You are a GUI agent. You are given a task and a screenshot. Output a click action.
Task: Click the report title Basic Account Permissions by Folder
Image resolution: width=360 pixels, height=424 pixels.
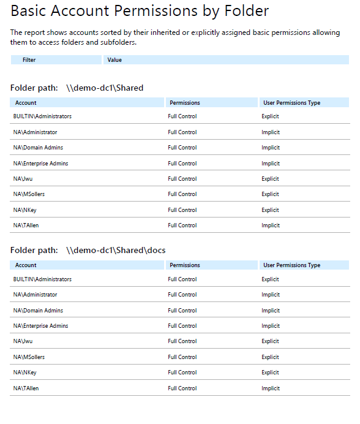pos(140,11)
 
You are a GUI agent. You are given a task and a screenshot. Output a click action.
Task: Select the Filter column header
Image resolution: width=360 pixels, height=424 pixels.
pos(29,60)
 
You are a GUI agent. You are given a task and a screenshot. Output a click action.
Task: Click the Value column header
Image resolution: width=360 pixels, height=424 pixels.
pos(114,60)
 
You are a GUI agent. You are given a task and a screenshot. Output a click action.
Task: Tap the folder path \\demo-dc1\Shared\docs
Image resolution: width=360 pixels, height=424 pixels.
pos(116,251)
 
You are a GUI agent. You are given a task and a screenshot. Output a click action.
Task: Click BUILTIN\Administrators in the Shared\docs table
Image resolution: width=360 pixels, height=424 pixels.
pos(42,279)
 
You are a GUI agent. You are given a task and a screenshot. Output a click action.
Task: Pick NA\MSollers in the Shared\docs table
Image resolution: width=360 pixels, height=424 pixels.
pos(29,357)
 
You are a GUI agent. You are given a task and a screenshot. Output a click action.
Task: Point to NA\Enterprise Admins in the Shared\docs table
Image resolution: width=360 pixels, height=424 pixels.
pos(40,326)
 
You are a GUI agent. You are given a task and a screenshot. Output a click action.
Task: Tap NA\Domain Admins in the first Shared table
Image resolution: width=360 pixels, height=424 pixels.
pos(38,148)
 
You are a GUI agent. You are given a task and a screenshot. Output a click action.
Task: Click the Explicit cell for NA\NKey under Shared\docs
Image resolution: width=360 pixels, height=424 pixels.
pos(270,373)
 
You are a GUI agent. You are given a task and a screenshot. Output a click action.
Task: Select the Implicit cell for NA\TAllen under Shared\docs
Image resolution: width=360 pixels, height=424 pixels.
pos(271,388)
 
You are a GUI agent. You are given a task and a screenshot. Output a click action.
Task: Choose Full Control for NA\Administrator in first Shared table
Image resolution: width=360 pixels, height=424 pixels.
pos(182,132)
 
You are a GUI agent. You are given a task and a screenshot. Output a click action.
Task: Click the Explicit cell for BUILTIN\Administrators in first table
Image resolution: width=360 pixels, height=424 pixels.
pos(270,116)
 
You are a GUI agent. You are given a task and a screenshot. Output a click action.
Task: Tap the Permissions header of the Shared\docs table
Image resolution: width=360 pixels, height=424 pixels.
pos(185,265)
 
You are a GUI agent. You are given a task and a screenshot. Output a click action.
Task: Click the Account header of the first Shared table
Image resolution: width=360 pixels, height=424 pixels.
pos(26,103)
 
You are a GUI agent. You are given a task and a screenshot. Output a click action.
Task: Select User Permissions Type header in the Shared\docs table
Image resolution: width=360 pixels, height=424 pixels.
pos(291,265)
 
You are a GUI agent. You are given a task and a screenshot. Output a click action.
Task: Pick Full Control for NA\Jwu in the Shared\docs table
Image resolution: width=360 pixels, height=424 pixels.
pos(182,341)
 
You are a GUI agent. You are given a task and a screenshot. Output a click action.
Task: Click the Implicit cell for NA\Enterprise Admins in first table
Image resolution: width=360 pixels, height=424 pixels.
pos(271,164)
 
